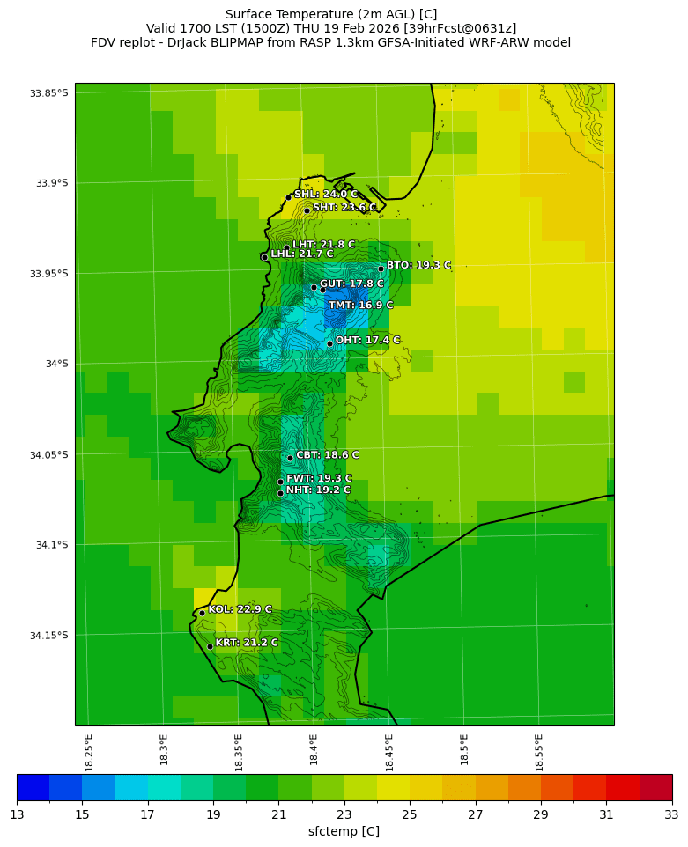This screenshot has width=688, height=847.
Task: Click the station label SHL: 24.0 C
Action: point(326,195)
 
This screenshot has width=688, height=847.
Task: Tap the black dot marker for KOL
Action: point(202,613)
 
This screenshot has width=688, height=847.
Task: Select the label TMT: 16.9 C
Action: point(360,306)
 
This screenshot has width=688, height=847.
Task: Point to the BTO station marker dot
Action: point(381,269)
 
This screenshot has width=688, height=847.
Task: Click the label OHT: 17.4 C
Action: point(367,341)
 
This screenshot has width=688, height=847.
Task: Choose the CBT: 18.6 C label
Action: point(328,455)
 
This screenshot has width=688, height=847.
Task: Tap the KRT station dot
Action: point(210,646)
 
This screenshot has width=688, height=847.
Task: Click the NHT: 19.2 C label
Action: point(318,490)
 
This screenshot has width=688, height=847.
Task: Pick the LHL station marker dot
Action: point(264,257)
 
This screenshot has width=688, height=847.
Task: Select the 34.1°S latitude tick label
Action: point(52,545)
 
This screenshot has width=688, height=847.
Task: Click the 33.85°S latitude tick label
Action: point(49,93)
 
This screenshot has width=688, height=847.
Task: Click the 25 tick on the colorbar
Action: point(410,815)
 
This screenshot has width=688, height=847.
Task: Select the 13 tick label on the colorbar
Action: point(17,815)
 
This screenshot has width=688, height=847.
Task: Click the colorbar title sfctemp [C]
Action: point(344,831)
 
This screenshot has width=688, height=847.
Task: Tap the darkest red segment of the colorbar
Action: point(655,787)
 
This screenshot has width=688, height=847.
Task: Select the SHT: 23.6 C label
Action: point(344,208)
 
